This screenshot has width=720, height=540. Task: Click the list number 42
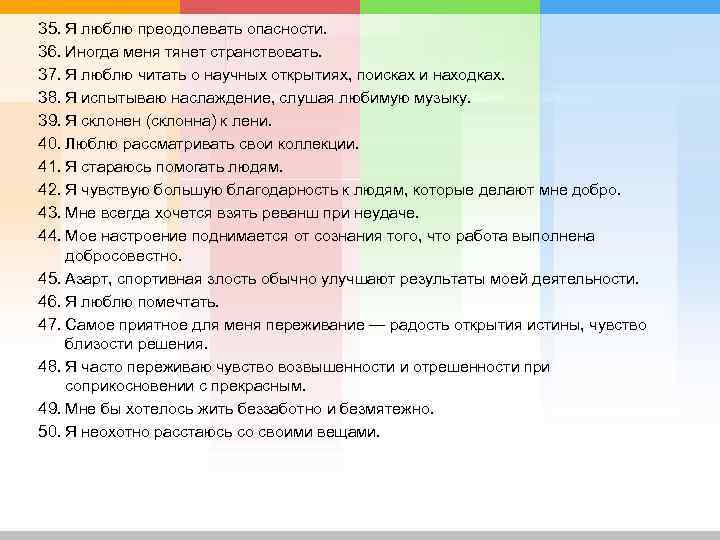tap(48, 190)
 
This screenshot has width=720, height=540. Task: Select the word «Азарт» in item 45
tap(87, 279)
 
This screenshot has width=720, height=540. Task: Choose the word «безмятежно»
tap(385, 409)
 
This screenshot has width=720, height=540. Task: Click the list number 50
tap(48, 432)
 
